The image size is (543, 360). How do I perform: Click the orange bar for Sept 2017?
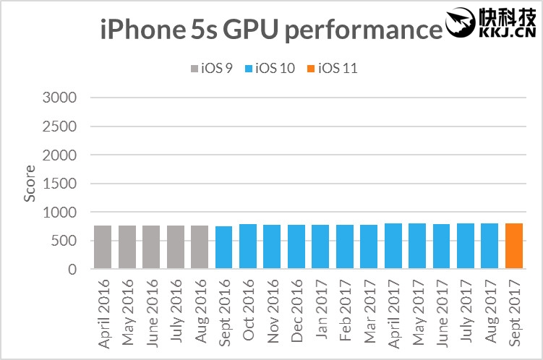point(514,247)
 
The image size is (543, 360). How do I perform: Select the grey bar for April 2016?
point(103,247)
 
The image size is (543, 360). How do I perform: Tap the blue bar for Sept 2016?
point(224,248)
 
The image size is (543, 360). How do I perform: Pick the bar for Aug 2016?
point(200,247)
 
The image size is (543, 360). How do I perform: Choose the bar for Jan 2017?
point(320,247)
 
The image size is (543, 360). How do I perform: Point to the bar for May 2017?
point(417,247)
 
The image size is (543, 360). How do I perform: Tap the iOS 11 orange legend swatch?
point(312,69)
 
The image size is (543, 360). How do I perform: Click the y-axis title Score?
point(30,184)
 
